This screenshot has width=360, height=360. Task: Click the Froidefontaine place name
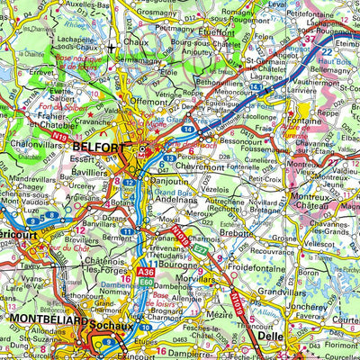point(256,265)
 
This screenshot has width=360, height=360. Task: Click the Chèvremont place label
point(187,166)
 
